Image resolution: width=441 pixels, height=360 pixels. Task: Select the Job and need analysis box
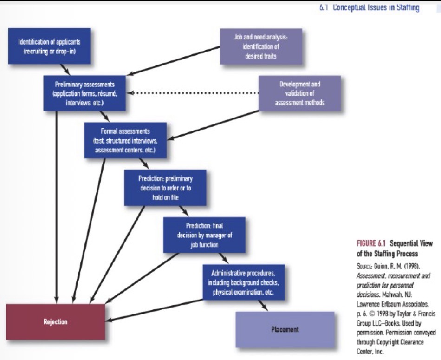click(x=260, y=46)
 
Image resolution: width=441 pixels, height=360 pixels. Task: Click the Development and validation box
click(x=299, y=93)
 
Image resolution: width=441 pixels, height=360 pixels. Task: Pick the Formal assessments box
click(x=125, y=140)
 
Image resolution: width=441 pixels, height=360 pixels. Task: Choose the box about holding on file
click(x=165, y=187)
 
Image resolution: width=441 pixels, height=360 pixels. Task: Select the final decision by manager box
click(x=204, y=235)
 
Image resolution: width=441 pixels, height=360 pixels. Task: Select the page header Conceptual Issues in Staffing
click(x=370, y=7)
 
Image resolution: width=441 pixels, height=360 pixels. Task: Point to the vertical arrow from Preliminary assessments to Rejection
click(x=57, y=204)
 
